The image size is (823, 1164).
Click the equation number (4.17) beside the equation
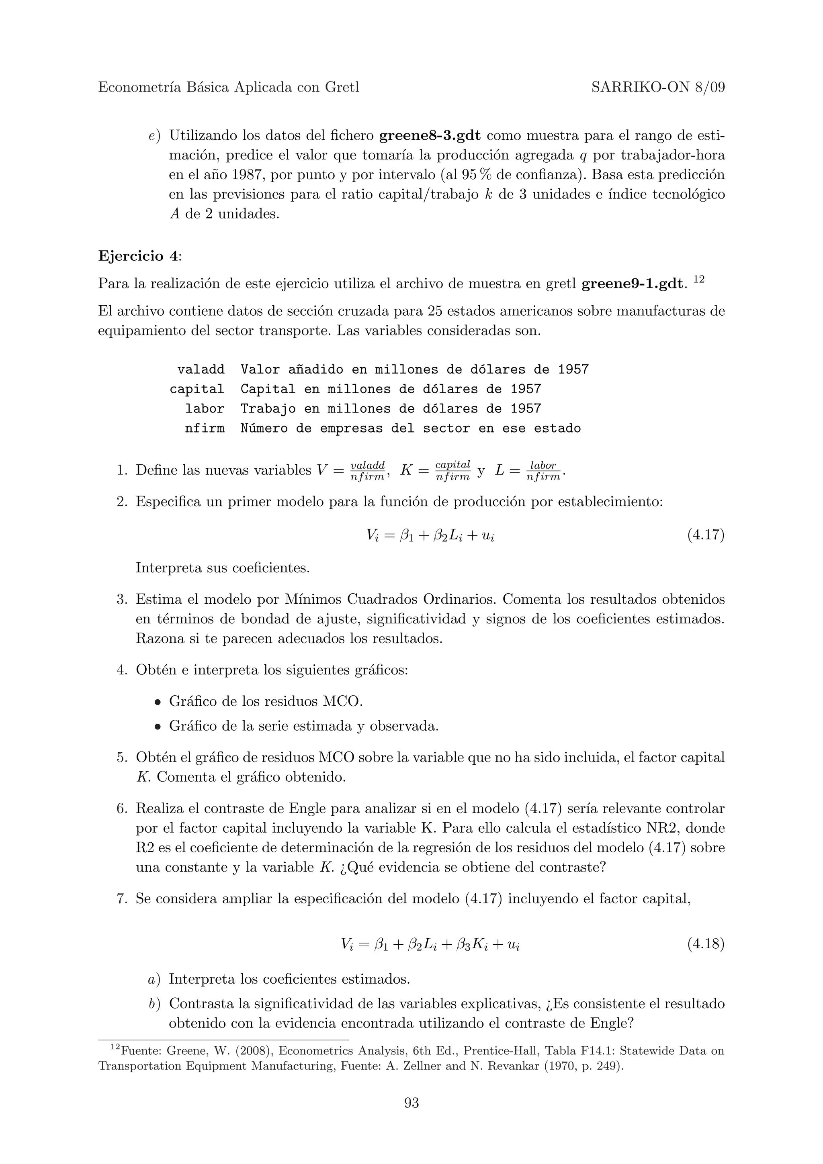click(x=705, y=535)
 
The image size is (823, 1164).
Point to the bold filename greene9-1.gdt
click(x=631, y=284)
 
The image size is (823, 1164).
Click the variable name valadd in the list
click(x=201, y=370)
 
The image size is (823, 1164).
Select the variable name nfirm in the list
click(x=205, y=429)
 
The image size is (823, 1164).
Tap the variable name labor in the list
click(x=205, y=408)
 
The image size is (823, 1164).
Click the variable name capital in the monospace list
click(x=197, y=389)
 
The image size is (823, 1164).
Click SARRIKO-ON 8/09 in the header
click(x=658, y=88)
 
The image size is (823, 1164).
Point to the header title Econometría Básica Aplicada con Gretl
click(x=228, y=88)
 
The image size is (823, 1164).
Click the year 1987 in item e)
click(x=248, y=175)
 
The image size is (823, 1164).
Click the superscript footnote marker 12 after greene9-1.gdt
click(x=699, y=279)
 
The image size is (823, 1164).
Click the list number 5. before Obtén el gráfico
click(x=122, y=758)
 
